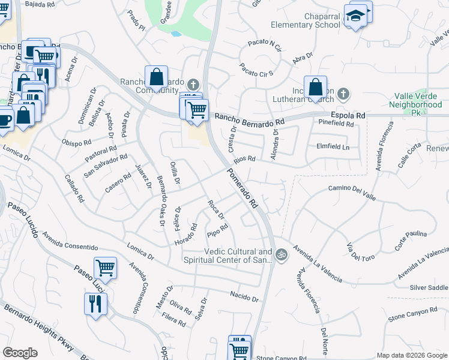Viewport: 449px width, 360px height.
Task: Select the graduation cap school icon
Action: [357, 17]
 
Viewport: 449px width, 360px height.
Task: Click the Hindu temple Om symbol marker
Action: [281, 256]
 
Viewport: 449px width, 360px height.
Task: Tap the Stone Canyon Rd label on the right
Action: [413, 313]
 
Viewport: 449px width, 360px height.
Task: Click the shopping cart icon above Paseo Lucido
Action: [105, 268]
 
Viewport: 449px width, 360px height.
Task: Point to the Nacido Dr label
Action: [244, 296]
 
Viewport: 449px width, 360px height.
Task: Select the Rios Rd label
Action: [245, 160]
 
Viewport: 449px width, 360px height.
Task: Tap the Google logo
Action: [20, 353]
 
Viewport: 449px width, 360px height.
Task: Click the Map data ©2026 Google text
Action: [411, 355]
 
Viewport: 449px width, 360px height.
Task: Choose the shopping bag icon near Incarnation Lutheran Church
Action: [315, 88]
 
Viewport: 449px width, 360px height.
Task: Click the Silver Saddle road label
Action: [429, 288]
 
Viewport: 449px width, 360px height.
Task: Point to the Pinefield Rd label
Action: [336, 124]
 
